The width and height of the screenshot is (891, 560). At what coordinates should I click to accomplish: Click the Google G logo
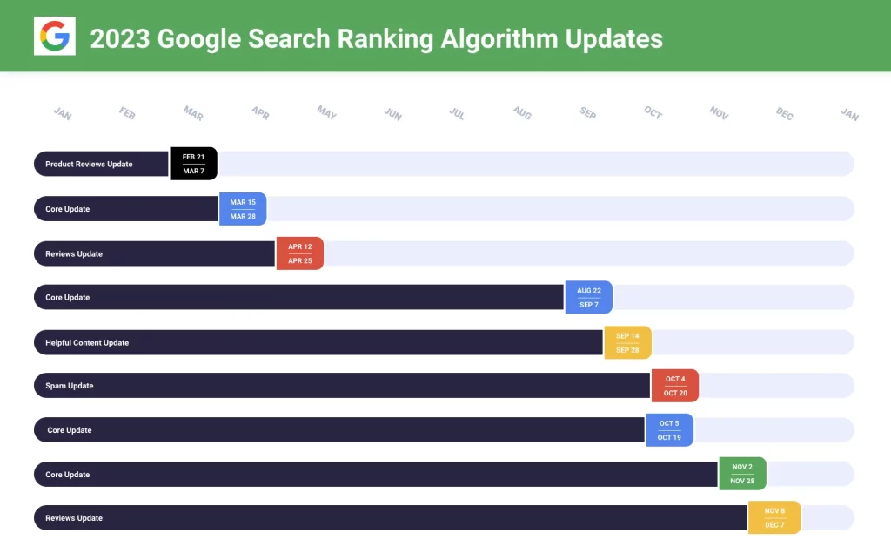coord(55,37)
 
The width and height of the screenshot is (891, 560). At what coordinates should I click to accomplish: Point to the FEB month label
coord(127,112)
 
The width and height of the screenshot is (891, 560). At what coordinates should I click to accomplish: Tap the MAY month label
coord(326,112)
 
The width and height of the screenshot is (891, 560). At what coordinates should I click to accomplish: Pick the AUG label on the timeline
coord(522,112)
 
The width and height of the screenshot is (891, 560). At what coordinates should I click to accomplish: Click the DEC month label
coord(785,113)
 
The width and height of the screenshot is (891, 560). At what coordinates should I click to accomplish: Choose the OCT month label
coord(653,113)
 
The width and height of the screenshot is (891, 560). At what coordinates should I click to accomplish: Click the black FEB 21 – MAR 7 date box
coord(193,164)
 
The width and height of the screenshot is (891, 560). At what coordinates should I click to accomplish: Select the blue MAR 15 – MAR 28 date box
coord(243,209)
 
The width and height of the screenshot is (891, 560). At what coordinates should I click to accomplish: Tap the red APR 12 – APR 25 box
coord(300,253)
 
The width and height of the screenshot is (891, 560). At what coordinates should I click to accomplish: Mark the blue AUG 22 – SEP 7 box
coord(589,298)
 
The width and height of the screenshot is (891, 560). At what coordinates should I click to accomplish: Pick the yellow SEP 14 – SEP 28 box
coord(627,342)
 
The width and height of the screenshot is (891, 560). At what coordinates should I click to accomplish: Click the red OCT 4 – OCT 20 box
coord(675,386)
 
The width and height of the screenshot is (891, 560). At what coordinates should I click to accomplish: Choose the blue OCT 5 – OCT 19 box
coord(670,430)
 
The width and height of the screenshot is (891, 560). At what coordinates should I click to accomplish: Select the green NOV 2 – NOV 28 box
coord(742,474)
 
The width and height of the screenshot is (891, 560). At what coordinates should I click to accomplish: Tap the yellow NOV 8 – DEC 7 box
coord(774,517)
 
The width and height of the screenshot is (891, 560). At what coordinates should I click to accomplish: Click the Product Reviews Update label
coord(89,164)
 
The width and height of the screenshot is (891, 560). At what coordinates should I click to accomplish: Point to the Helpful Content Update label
coord(87,342)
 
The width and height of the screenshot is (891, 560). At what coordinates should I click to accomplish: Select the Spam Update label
coord(70,386)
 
